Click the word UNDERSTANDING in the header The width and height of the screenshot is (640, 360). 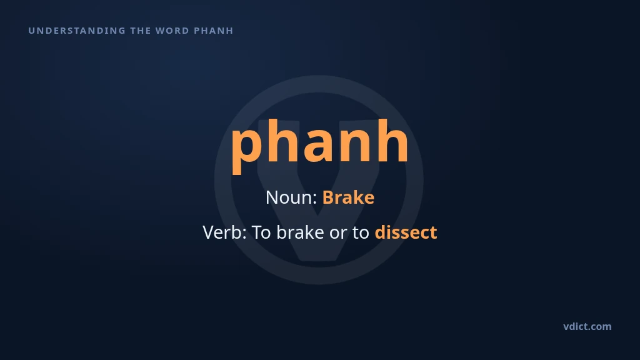click(77, 31)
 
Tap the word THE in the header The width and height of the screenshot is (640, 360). click(141, 31)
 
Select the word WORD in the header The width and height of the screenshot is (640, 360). click(172, 31)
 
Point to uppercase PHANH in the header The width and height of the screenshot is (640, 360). click(214, 31)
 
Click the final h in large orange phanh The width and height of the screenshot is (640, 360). click(392, 140)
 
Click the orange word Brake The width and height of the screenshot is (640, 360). click(348, 197)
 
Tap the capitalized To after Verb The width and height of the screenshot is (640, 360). click(261, 232)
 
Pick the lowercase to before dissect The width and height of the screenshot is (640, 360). click(361, 234)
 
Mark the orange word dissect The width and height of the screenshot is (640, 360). click(406, 232)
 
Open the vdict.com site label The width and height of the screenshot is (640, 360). click(587, 326)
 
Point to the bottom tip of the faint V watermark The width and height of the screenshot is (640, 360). click(319, 261)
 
